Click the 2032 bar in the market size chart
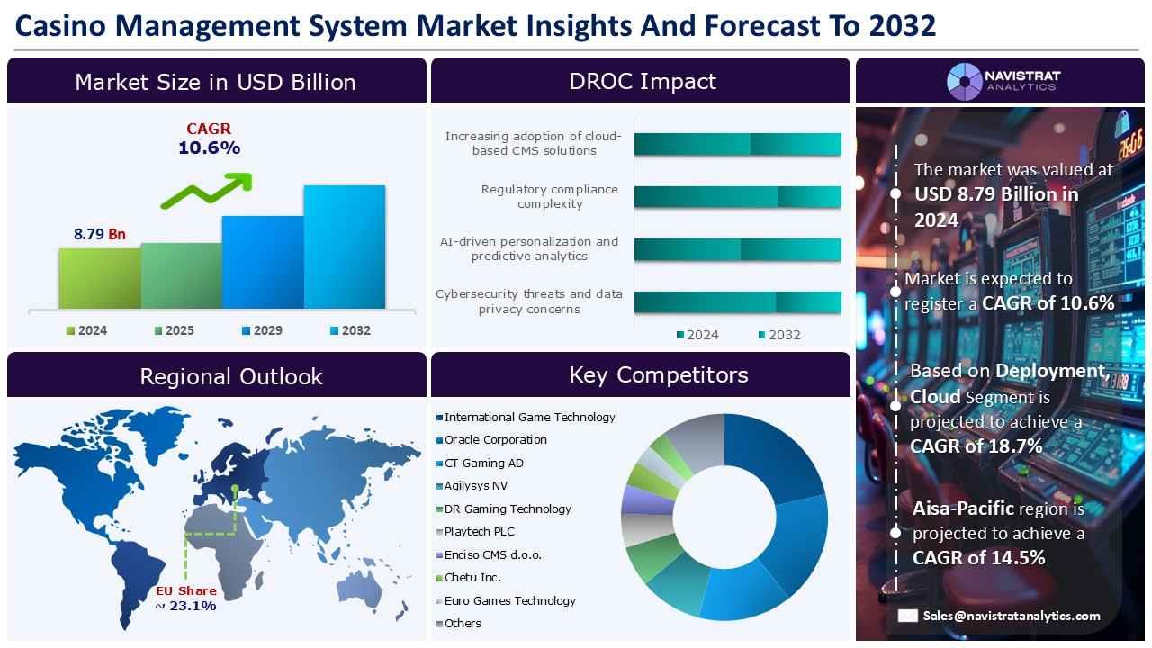[344, 247]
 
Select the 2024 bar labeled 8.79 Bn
[99, 279]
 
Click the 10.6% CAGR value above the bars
[209, 148]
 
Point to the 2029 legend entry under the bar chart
[262, 330]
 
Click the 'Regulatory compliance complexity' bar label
[549, 196]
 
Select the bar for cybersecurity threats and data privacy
[737, 302]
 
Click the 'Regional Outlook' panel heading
[230, 376]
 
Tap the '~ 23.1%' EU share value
[185, 606]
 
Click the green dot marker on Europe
[235, 489]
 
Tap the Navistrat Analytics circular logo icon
[964, 81]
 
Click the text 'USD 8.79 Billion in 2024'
[995, 206]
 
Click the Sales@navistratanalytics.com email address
[1011, 616]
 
